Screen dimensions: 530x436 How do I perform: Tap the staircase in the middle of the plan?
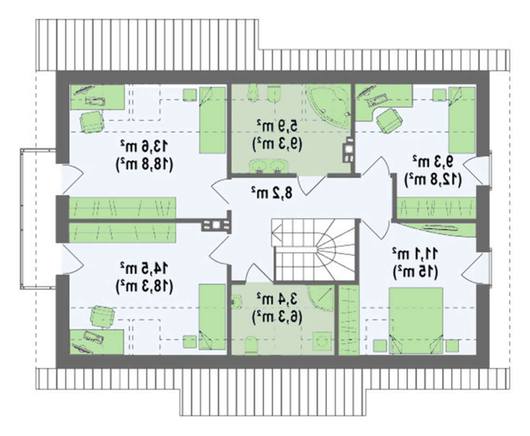[x=314, y=250]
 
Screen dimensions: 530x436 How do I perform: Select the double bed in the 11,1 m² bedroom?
[x=416, y=320]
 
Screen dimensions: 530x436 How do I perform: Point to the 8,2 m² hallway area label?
[x=272, y=193]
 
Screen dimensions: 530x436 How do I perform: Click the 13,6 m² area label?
[x=144, y=147]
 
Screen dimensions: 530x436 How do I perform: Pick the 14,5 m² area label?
[x=144, y=268]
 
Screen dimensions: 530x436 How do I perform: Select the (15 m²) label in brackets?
[x=415, y=272]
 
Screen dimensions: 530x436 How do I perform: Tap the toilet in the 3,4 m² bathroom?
[x=251, y=345]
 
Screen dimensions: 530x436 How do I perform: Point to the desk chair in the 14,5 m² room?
[x=102, y=316]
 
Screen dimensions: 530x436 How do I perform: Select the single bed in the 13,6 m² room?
[x=212, y=120]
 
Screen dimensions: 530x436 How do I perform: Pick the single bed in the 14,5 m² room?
[x=212, y=317]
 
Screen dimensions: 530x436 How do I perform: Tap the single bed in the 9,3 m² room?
[x=462, y=120]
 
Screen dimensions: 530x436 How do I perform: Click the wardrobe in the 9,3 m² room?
[x=436, y=207]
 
